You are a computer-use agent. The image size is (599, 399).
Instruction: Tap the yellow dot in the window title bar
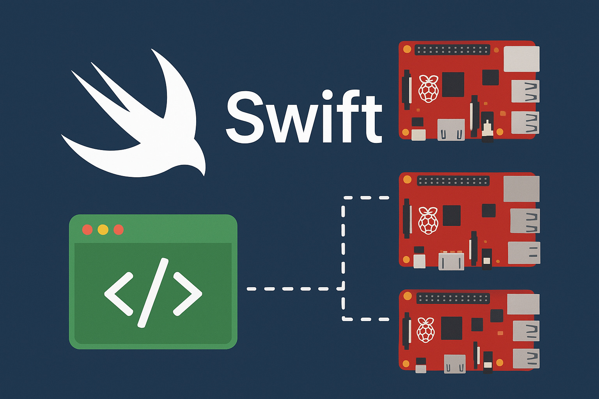[103, 230]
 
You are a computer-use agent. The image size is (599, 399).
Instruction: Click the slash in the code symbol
[153, 292]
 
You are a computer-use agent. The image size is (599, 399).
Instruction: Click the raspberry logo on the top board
[428, 89]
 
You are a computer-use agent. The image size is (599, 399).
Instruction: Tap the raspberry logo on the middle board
[428, 221]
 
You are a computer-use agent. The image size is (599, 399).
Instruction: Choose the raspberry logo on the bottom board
[425, 330]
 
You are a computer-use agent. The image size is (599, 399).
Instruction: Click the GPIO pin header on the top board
[452, 50]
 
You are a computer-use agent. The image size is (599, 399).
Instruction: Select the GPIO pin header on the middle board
[453, 181]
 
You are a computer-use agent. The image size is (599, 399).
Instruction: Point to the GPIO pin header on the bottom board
[453, 299]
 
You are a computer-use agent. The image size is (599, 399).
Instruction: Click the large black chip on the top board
[453, 85]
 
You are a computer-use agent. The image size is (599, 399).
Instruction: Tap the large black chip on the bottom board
[452, 328]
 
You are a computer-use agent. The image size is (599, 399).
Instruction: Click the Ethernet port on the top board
[521, 59]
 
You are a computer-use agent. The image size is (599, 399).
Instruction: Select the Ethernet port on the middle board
[521, 189]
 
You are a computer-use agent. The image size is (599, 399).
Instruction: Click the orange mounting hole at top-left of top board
[407, 49]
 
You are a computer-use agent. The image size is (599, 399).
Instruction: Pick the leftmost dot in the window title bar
[87, 230]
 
